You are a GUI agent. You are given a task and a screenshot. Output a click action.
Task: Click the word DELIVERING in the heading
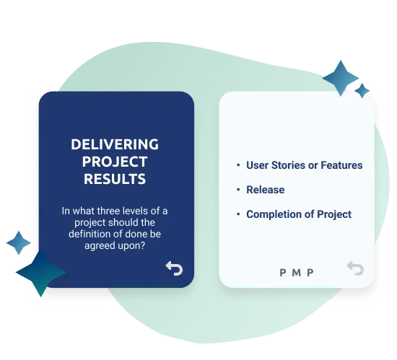pyautogui.click(x=115, y=144)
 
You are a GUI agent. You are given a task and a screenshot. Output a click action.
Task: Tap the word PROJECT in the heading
pyautogui.click(x=115, y=162)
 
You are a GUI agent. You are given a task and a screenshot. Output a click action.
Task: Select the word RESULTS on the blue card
pyautogui.click(x=115, y=179)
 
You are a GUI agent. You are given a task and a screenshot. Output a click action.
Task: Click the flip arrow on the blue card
pyautogui.click(x=174, y=268)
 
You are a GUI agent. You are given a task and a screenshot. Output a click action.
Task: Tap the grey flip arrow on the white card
pyautogui.click(x=355, y=268)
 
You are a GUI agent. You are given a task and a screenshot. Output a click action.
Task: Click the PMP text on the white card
pyautogui.click(x=297, y=273)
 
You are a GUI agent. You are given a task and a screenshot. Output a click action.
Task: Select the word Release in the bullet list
pyautogui.click(x=266, y=190)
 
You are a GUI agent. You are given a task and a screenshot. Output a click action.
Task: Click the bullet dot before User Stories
pyautogui.click(x=238, y=165)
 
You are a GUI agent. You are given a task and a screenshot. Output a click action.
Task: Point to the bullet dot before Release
pyautogui.click(x=238, y=190)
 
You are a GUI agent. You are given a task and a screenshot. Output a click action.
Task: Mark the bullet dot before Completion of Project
pyautogui.click(x=238, y=214)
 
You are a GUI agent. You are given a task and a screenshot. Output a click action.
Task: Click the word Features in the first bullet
pyautogui.click(x=341, y=165)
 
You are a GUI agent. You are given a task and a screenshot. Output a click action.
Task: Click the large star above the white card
pyautogui.click(x=341, y=78)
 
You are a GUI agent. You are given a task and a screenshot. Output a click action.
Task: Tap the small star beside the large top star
pyautogui.click(x=362, y=91)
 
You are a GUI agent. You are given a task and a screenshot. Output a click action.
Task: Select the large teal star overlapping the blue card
pyautogui.click(x=40, y=273)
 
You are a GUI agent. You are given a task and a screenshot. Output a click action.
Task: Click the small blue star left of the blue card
pyautogui.click(x=19, y=243)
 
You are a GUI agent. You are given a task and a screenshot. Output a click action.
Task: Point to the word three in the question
pyautogui.click(x=108, y=211)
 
